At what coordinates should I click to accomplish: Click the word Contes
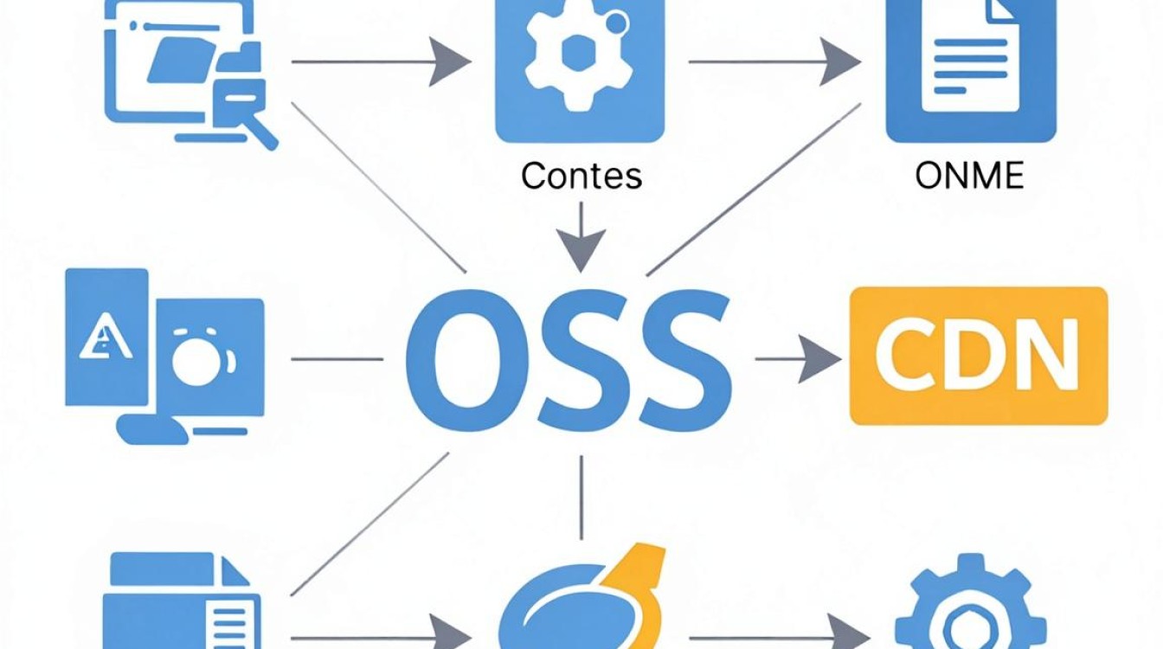click(x=581, y=176)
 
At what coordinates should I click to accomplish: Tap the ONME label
click(x=969, y=176)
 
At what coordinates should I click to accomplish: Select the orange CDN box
click(x=979, y=356)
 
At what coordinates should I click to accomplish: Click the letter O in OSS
click(x=467, y=360)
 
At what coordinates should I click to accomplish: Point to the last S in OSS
click(x=685, y=360)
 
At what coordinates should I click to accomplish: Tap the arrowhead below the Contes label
click(x=581, y=250)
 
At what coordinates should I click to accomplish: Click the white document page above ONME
click(x=970, y=55)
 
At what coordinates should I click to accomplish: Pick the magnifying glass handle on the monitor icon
click(x=264, y=133)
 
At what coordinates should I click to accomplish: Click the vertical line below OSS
click(x=581, y=498)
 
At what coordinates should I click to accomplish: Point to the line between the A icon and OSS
click(x=337, y=359)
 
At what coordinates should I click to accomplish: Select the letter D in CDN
click(x=974, y=355)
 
